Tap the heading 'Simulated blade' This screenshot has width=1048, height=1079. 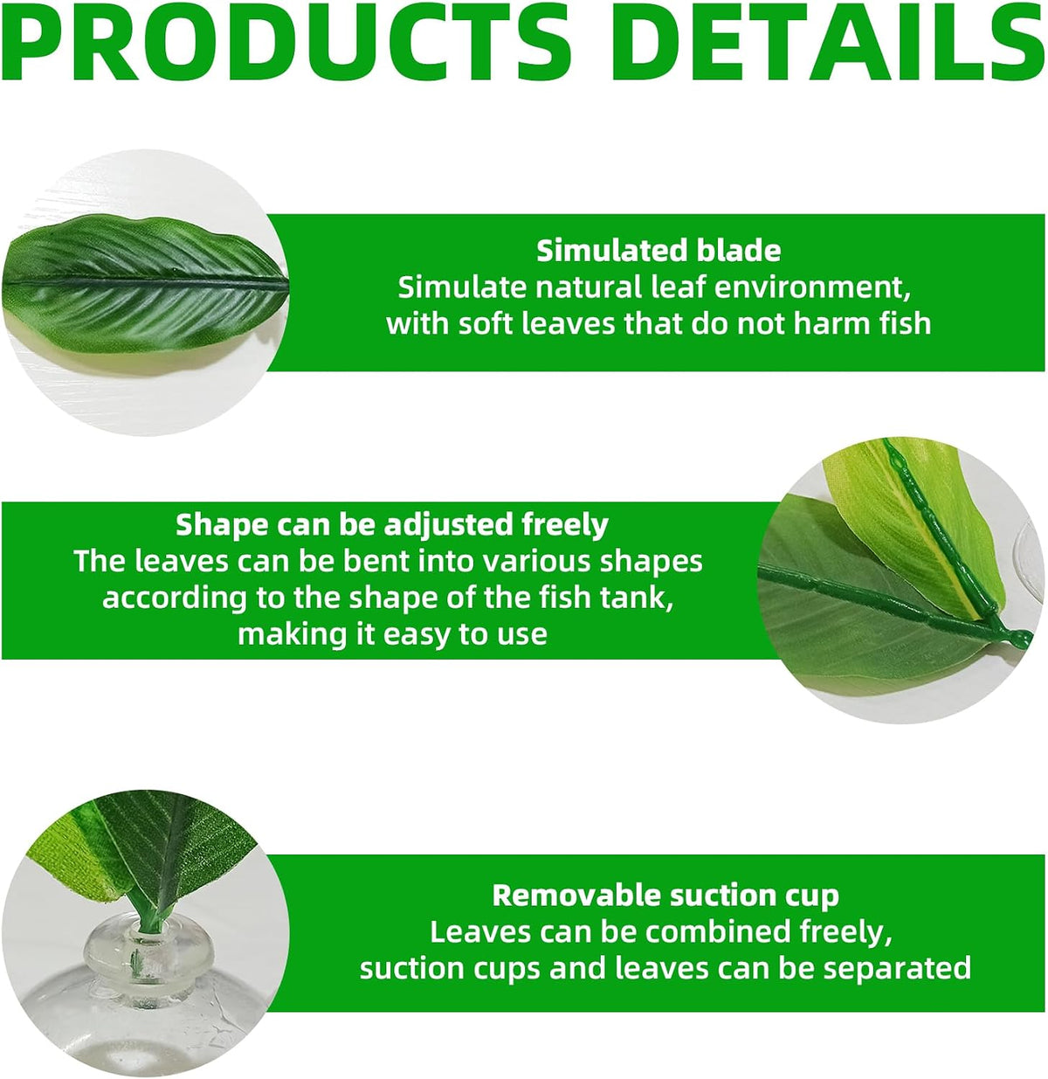658,251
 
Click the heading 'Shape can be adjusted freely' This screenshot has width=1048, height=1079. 392,524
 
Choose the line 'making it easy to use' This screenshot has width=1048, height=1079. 392,633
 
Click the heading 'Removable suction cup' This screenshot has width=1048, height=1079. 665,896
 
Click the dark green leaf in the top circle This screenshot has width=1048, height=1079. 145,284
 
